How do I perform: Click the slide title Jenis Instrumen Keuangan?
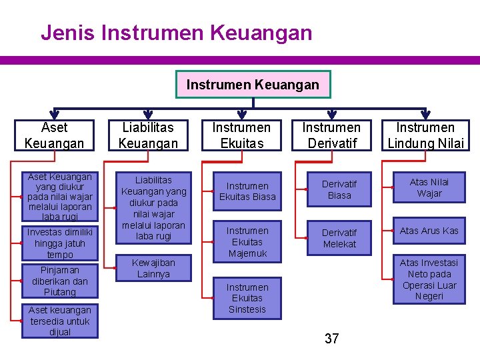coord(176,32)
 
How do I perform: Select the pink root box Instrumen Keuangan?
coord(253,85)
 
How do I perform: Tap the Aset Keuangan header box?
coord(54,135)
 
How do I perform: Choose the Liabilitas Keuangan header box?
coord(148,135)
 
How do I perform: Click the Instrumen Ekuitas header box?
coord(241,135)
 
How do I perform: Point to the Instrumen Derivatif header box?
coord(331,135)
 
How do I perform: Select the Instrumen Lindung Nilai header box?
coord(425,135)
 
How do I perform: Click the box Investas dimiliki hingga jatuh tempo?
coord(60,243)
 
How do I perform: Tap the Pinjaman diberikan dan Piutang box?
coord(60,281)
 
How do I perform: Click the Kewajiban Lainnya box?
coord(153,269)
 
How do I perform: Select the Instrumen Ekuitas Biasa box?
coord(247,191)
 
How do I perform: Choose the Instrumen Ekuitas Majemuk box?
coord(247,242)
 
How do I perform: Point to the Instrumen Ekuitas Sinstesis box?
coord(247,298)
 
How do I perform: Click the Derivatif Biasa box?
coord(339,189)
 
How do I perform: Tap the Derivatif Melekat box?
coord(339,238)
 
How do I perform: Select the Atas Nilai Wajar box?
coord(429,187)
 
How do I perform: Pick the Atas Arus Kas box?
coord(429,231)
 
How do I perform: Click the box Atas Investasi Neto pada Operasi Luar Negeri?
coord(429,279)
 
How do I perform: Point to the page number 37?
coord(332,339)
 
